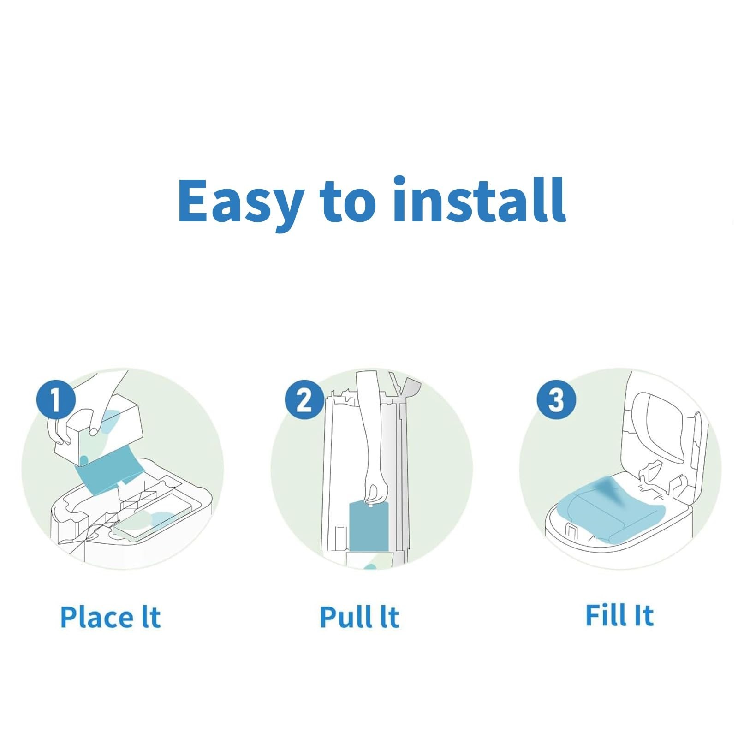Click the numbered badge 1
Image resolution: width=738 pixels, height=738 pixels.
pos(56,399)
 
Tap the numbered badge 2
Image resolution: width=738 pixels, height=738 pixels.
pos(304,399)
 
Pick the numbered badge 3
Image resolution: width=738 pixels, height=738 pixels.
pos(556,399)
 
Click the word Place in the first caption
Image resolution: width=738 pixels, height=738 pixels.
pos(97,617)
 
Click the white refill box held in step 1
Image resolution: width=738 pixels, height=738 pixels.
pos(99,427)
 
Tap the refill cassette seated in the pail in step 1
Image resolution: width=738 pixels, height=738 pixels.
pos(150,522)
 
